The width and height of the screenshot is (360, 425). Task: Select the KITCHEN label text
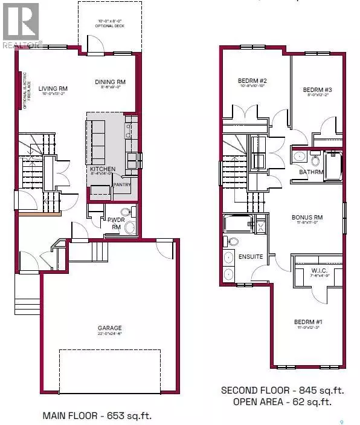coord(103,169)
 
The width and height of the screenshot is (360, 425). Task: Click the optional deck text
coord(109,25)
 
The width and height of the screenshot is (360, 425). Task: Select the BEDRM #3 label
coord(317,90)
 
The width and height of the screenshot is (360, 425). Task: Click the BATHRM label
coord(312,172)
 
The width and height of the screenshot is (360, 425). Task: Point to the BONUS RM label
coord(307,217)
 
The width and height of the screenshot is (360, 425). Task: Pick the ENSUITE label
coord(251,256)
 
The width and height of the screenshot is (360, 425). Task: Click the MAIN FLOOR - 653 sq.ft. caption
coord(97,415)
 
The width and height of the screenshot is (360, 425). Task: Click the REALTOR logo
coord(21,24)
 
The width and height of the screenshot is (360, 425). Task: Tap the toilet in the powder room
coord(125,212)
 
